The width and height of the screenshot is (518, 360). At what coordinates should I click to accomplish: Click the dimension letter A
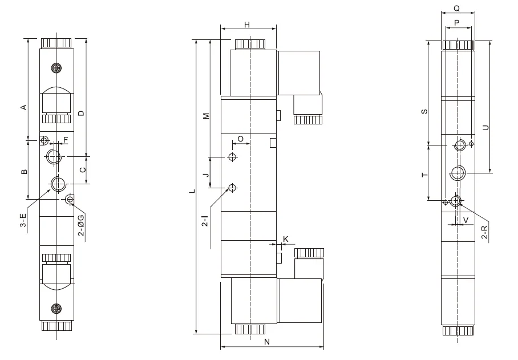point(23,107)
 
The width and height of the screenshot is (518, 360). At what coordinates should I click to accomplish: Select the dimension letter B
point(24,171)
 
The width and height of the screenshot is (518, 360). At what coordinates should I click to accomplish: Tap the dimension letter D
point(81,113)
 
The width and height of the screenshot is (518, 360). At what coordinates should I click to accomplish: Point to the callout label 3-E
point(23,220)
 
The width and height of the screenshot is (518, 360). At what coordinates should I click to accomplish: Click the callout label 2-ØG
point(81,225)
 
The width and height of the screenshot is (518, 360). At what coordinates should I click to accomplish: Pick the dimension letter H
point(247,25)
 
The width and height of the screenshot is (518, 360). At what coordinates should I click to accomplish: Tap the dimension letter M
point(206,116)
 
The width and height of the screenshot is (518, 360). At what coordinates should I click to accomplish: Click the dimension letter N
point(267,342)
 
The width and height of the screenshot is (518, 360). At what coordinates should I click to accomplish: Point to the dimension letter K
point(286,239)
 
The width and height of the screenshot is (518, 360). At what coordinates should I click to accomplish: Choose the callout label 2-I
point(205,221)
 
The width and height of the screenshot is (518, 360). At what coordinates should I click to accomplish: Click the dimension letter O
point(241,139)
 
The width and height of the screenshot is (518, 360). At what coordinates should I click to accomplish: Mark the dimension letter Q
point(457,8)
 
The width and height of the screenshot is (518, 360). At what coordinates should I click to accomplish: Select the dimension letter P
point(457,23)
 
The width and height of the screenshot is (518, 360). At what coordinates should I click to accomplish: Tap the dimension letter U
point(485,127)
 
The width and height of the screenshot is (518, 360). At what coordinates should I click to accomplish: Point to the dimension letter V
point(466,220)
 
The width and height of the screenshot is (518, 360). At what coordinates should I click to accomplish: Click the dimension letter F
point(66,140)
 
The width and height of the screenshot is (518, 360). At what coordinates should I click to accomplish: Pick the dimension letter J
point(206,175)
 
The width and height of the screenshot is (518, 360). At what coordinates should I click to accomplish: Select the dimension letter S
point(424,111)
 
